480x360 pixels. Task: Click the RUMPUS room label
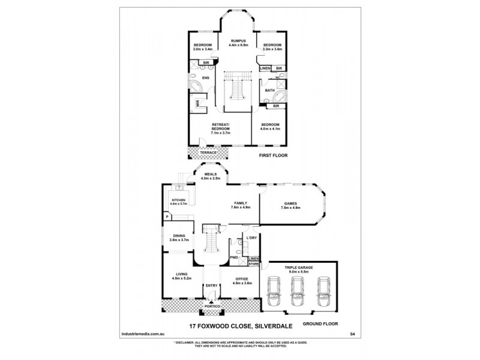pos(239,41)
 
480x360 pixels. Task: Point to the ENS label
pos(205,77)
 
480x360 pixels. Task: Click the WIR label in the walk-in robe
pos(197,103)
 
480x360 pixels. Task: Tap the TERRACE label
pos(208,153)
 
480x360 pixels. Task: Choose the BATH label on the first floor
pos(271,90)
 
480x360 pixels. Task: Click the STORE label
pos(254,263)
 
